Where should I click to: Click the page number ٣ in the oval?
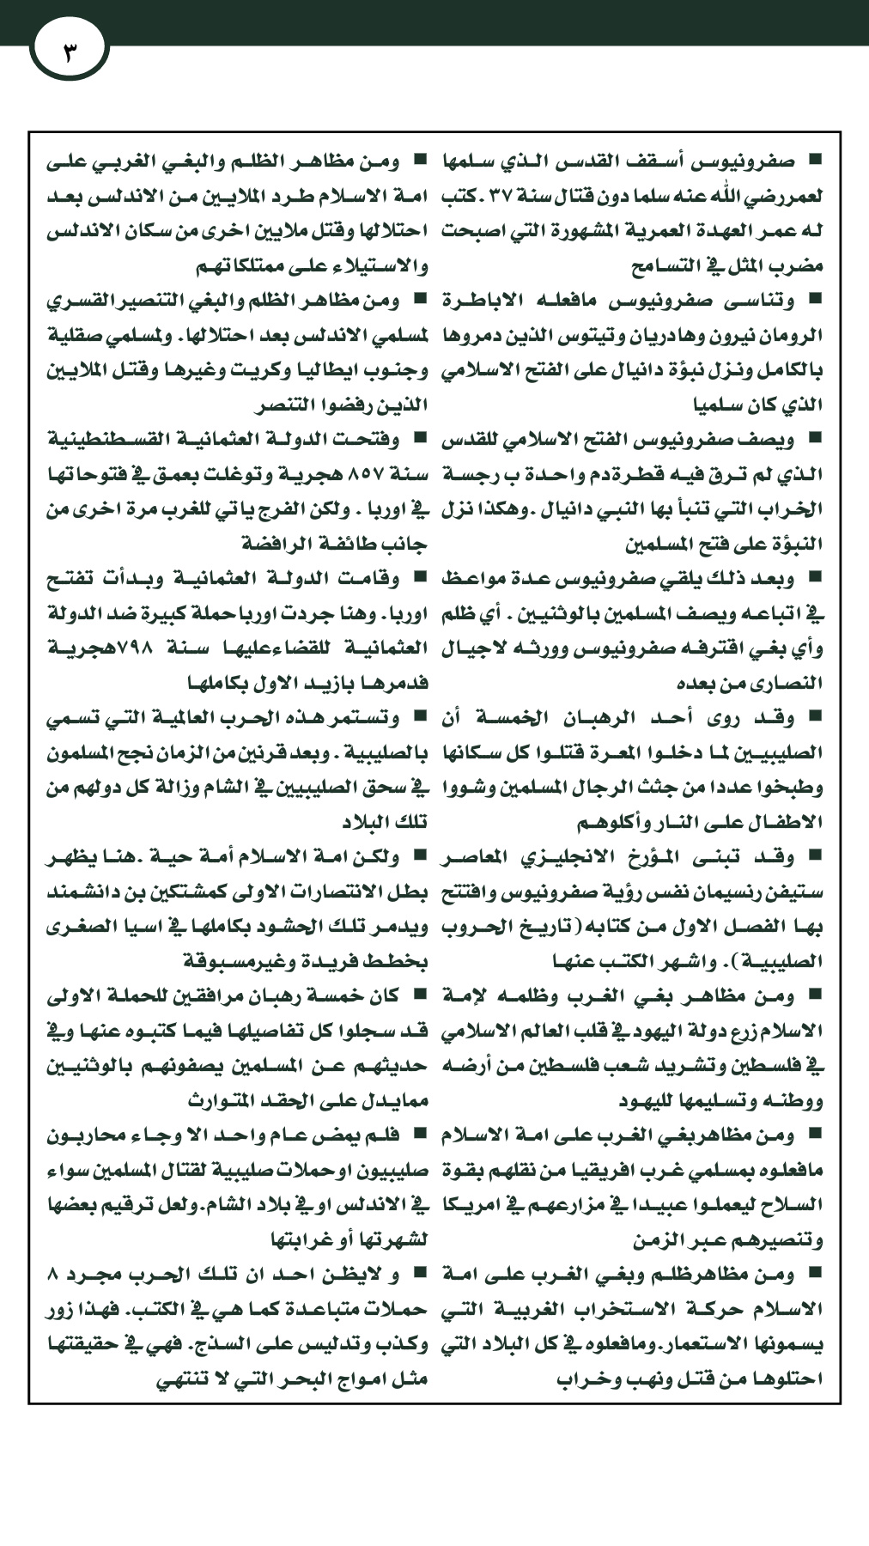tap(70, 48)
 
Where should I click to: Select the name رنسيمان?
tap(738, 891)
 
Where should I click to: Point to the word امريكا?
tap(475, 1205)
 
